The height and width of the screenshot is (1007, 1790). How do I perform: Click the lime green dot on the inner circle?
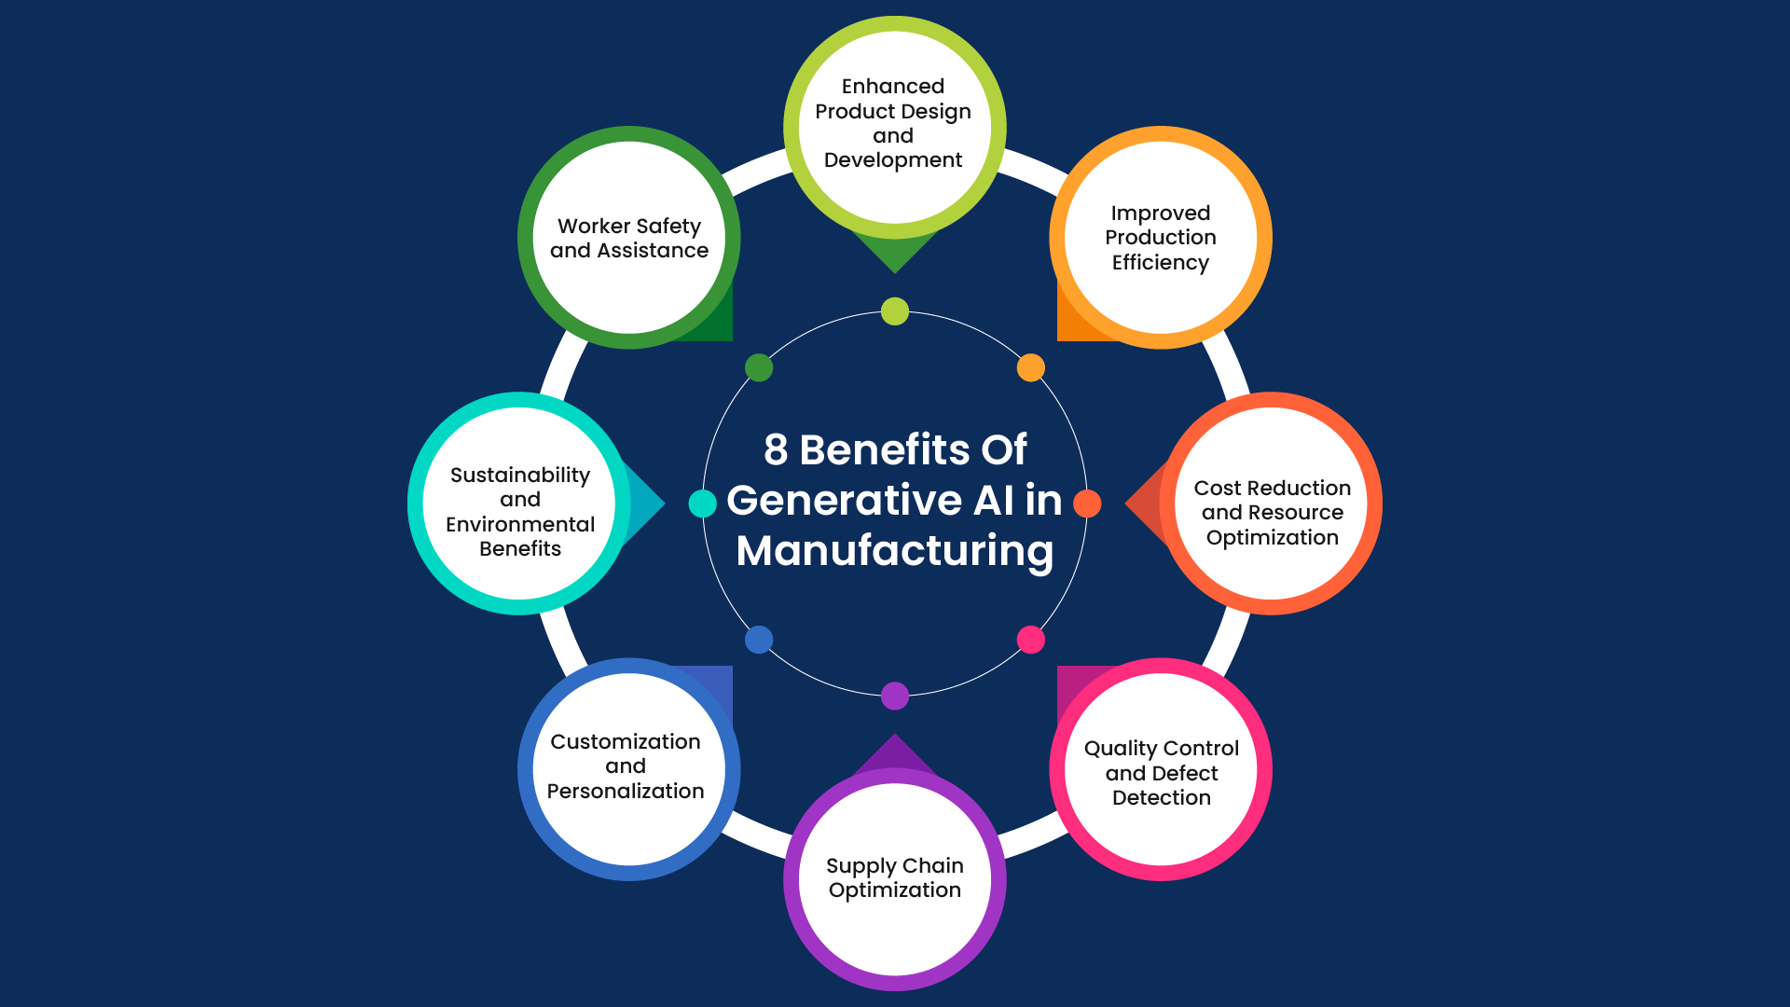pos(895,311)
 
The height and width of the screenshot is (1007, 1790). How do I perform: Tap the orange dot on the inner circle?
pos(1030,367)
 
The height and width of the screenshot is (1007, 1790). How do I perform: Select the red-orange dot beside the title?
pos(1087,504)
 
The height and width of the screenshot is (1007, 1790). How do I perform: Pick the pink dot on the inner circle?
pos(1030,640)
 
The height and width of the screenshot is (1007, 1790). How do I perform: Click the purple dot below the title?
pos(895,696)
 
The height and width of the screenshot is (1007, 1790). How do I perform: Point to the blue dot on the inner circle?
pos(759,640)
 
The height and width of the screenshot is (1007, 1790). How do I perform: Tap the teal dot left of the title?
pos(702,504)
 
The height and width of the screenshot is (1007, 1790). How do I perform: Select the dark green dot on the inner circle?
pos(759,367)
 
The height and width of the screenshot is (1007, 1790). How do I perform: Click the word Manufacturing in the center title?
pos(895,550)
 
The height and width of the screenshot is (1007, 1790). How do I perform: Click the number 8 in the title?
pos(776,449)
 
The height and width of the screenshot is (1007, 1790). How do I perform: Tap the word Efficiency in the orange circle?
pos(1160,263)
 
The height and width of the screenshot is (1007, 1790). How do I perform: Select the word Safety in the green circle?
pos(668,227)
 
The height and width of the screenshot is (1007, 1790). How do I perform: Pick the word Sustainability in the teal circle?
pos(520,476)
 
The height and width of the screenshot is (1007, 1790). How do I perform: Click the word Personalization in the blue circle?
pos(625,791)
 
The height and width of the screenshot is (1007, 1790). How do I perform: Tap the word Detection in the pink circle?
pos(1161,798)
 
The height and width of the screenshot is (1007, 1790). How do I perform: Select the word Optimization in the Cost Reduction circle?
pos(1272,538)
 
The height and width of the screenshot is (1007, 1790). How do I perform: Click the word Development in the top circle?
pos(893,160)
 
